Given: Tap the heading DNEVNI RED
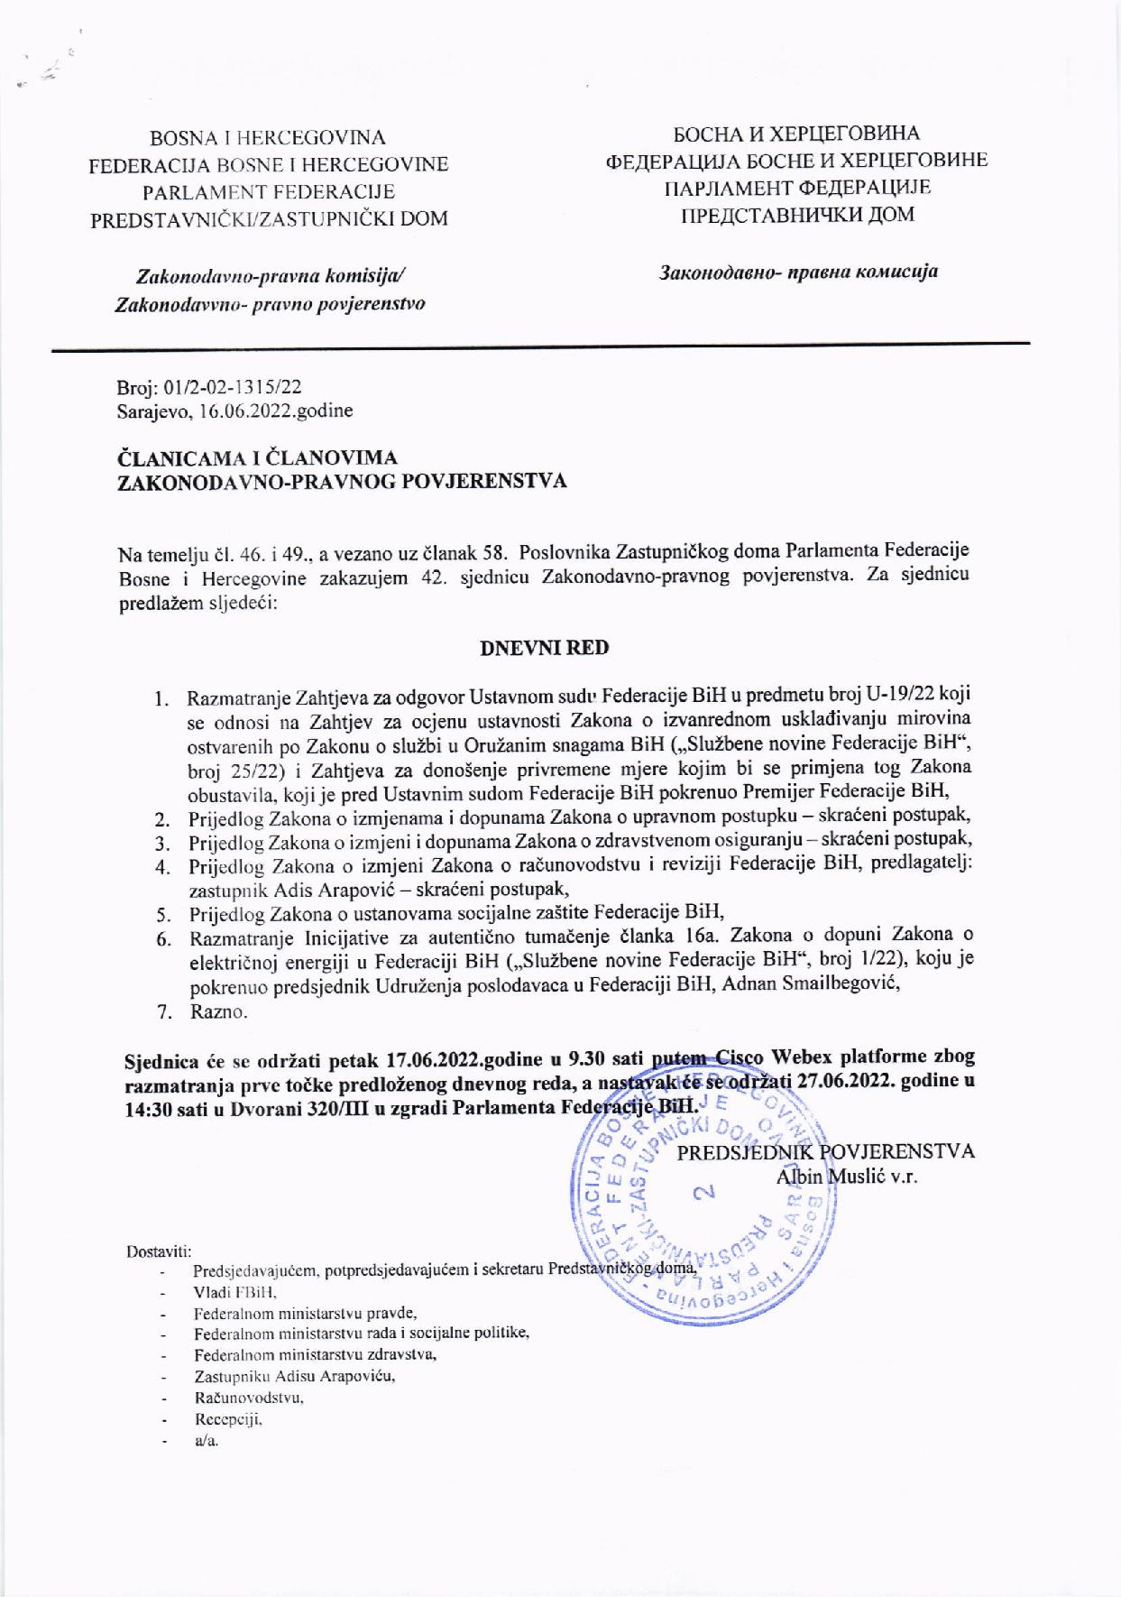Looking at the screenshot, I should (x=544, y=648).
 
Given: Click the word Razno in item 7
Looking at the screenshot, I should (x=216, y=1011).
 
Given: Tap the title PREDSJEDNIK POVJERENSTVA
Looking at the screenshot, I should (x=825, y=1152).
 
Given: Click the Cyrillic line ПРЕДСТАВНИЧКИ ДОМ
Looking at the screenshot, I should (x=796, y=215).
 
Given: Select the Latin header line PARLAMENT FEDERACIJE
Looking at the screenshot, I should (x=268, y=191).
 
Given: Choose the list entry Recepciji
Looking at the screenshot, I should (x=227, y=1419).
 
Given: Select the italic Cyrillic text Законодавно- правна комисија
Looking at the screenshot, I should (x=798, y=271).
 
